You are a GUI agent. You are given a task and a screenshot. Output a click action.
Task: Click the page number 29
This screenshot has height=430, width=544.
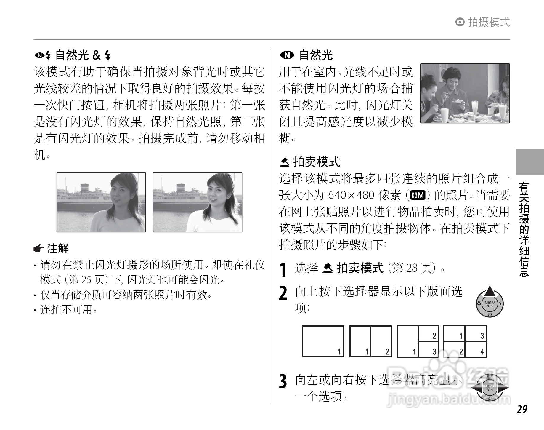pyautogui.click(x=522, y=409)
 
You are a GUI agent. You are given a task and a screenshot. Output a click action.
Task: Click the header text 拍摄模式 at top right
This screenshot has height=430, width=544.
pyautogui.click(x=489, y=22)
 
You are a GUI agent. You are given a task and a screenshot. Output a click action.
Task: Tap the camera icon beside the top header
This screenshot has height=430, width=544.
pyautogui.click(x=460, y=22)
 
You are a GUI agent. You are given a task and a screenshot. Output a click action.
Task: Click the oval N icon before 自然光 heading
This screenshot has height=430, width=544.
pyautogui.click(x=287, y=55)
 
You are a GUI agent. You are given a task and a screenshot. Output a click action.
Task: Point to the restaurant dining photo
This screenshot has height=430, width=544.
pyautogui.click(x=465, y=93)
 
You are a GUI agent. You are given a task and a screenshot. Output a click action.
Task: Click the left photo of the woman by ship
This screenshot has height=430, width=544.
pyautogui.click(x=101, y=202)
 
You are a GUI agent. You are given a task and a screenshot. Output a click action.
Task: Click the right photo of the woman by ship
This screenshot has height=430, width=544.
pyautogui.click(x=198, y=202)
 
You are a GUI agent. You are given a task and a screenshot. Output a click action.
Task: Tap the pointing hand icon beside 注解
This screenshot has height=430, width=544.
pyautogui.click(x=39, y=249)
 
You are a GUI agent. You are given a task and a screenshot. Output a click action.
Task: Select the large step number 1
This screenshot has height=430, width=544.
pyautogui.click(x=283, y=270)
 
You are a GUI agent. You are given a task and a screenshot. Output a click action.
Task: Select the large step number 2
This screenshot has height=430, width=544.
pyautogui.click(x=283, y=293)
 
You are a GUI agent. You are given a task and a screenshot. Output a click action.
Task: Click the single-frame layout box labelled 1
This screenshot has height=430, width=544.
pyautogui.click(x=323, y=341)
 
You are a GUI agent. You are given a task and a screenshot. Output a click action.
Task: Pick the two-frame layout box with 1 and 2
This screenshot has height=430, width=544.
pyautogui.click(x=370, y=341)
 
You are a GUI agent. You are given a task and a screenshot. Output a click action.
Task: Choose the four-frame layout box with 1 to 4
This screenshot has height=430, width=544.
pyautogui.click(x=465, y=341)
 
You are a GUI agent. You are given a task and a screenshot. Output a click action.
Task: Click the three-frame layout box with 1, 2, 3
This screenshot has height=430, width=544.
pyautogui.click(x=418, y=341)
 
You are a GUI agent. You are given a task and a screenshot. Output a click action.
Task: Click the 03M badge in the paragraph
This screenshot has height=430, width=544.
pyautogui.click(x=418, y=195)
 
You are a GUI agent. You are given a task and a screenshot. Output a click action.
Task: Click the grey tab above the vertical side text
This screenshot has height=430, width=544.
pyautogui.click(x=530, y=162)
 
